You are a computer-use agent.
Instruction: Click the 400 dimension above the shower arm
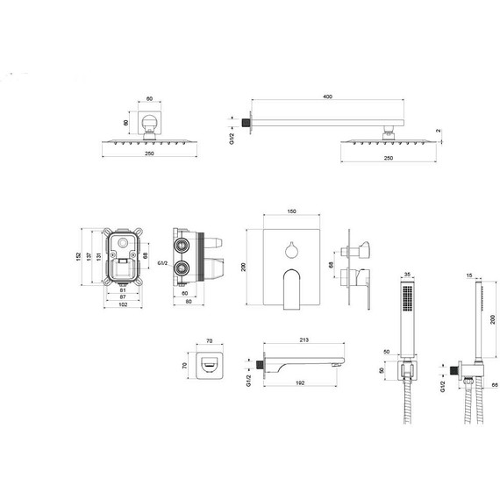pyautogui.click(x=327, y=96)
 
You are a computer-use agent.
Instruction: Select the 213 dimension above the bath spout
pyautogui.click(x=304, y=340)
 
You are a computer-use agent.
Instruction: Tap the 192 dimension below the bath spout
pyautogui.click(x=300, y=383)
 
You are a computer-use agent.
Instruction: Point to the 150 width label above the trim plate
pyautogui.click(x=291, y=211)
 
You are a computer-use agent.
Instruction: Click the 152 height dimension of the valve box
pyautogui.click(x=78, y=257)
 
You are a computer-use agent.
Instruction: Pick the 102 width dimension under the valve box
pyautogui.click(x=123, y=304)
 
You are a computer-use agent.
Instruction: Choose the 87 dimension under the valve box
pyautogui.click(x=123, y=296)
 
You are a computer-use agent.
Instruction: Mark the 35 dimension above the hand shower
pyautogui.click(x=407, y=275)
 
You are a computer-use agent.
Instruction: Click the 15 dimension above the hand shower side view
pyautogui.click(x=469, y=275)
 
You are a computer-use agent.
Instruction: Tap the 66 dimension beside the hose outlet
pyautogui.click(x=495, y=385)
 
